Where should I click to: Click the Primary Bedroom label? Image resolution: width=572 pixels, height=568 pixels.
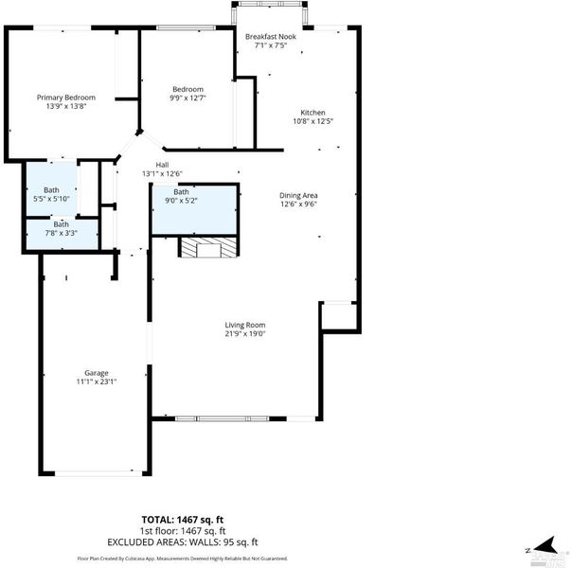pyautogui.click(x=66, y=98)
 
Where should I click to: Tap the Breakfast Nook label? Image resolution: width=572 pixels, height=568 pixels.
pyautogui.click(x=271, y=37)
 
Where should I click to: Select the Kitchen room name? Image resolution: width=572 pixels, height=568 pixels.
pyautogui.click(x=313, y=113)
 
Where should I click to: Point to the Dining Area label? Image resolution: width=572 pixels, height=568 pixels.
pyautogui.click(x=298, y=195)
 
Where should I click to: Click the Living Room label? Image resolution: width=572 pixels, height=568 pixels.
pyautogui.click(x=244, y=325)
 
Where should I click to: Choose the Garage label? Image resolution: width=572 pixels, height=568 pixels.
pyautogui.click(x=97, y=373)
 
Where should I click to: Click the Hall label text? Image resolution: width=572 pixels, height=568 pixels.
pyautogui.click(x=162, y=165)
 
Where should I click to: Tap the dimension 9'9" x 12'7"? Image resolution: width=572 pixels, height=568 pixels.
pyautogui.click(x=188, y=98)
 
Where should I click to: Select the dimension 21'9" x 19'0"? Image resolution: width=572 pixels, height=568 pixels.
pyautogui.click(x=244, y=333)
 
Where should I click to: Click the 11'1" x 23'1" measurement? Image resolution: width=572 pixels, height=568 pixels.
pyautogui.click(x=97, y=382)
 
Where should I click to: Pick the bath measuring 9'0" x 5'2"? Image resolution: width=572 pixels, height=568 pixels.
pyautogui.click(x=195, y=209)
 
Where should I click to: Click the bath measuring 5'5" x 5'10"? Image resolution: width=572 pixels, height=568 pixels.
pyautogui.click(x=51, y=188)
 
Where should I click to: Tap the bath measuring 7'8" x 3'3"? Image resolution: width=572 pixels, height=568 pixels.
pyautogui.click(x=62, y=234)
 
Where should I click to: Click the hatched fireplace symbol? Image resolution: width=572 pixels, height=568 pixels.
pyautogui.click(x=208, y=247)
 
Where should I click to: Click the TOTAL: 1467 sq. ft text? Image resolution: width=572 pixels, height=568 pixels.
pyautogui.click(x=183, y=520)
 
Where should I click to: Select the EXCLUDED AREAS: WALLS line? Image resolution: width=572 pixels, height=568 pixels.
pyautogui.click(x=183, y=542)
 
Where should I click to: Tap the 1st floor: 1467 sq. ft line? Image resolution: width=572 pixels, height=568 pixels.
pyautogui.click(x=183, y=531)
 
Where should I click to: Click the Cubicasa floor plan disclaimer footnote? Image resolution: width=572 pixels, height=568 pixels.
pyautogui.click(x=183, y=559)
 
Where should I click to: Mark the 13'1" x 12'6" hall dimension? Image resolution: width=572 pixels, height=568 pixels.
pyautogui.click(x=162, y=174)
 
